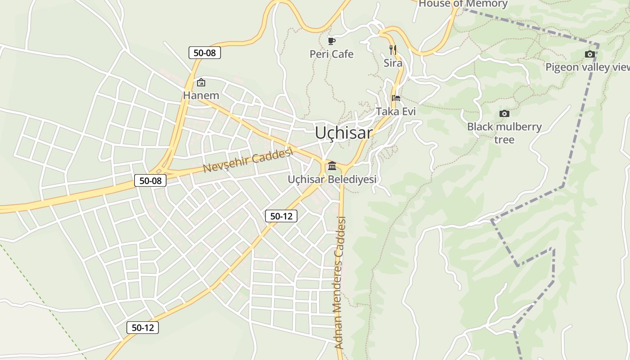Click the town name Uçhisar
pos(344,133)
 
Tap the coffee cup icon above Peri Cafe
pos(332,41)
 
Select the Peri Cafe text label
pos(332,54)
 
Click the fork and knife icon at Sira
pos(393,49)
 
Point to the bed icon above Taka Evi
pos(396,98)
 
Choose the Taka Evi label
pos(396,111)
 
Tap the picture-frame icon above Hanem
pos(201,82)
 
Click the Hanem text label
pos(201,95)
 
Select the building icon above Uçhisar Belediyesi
pos(332,166)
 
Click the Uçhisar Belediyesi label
pos(332,179)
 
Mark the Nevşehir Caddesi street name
pos(248,160)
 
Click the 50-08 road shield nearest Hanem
pos(205,53)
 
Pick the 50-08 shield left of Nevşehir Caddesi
pos(150,181)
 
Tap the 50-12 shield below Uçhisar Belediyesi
pos(281,216)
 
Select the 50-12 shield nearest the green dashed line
pos(143,328)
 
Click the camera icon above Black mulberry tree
pos(504,113)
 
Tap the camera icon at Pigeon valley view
pos(589,54)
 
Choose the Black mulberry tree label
pos(504,133)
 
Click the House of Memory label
pos(463,4)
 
